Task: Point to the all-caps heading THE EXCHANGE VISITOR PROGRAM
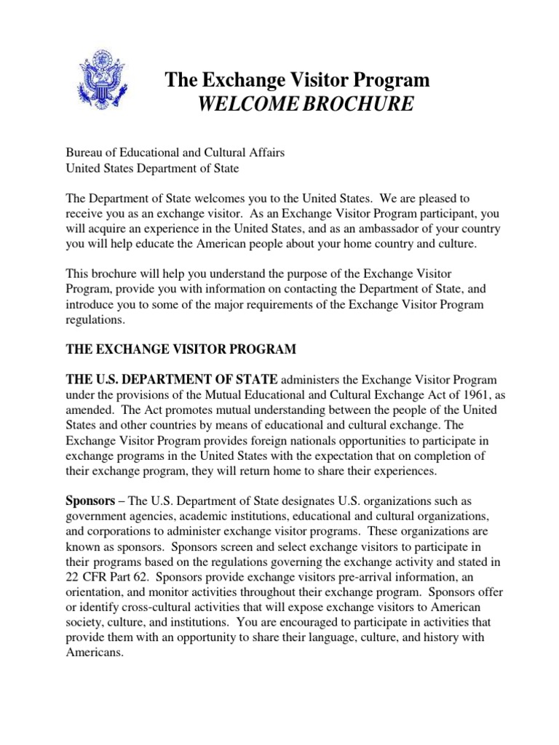pos(181,349)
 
